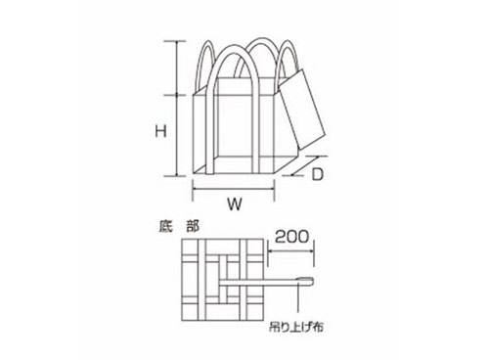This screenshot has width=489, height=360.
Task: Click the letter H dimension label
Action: tap(160, 131)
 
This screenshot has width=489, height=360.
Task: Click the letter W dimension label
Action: tap(235, 204)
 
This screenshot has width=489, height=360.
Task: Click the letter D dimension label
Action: tap(317, 174)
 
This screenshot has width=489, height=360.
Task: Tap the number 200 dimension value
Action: tap(291, 237)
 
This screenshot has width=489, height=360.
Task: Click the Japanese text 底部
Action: tap(179, 226)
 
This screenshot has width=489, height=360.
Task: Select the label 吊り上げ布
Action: tap(296, 327)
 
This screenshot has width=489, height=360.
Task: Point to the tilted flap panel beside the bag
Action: tap(302, 110)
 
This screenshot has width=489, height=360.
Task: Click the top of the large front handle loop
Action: tap(234, 48)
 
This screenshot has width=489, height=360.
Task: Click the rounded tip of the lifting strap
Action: tap(311, 282)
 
